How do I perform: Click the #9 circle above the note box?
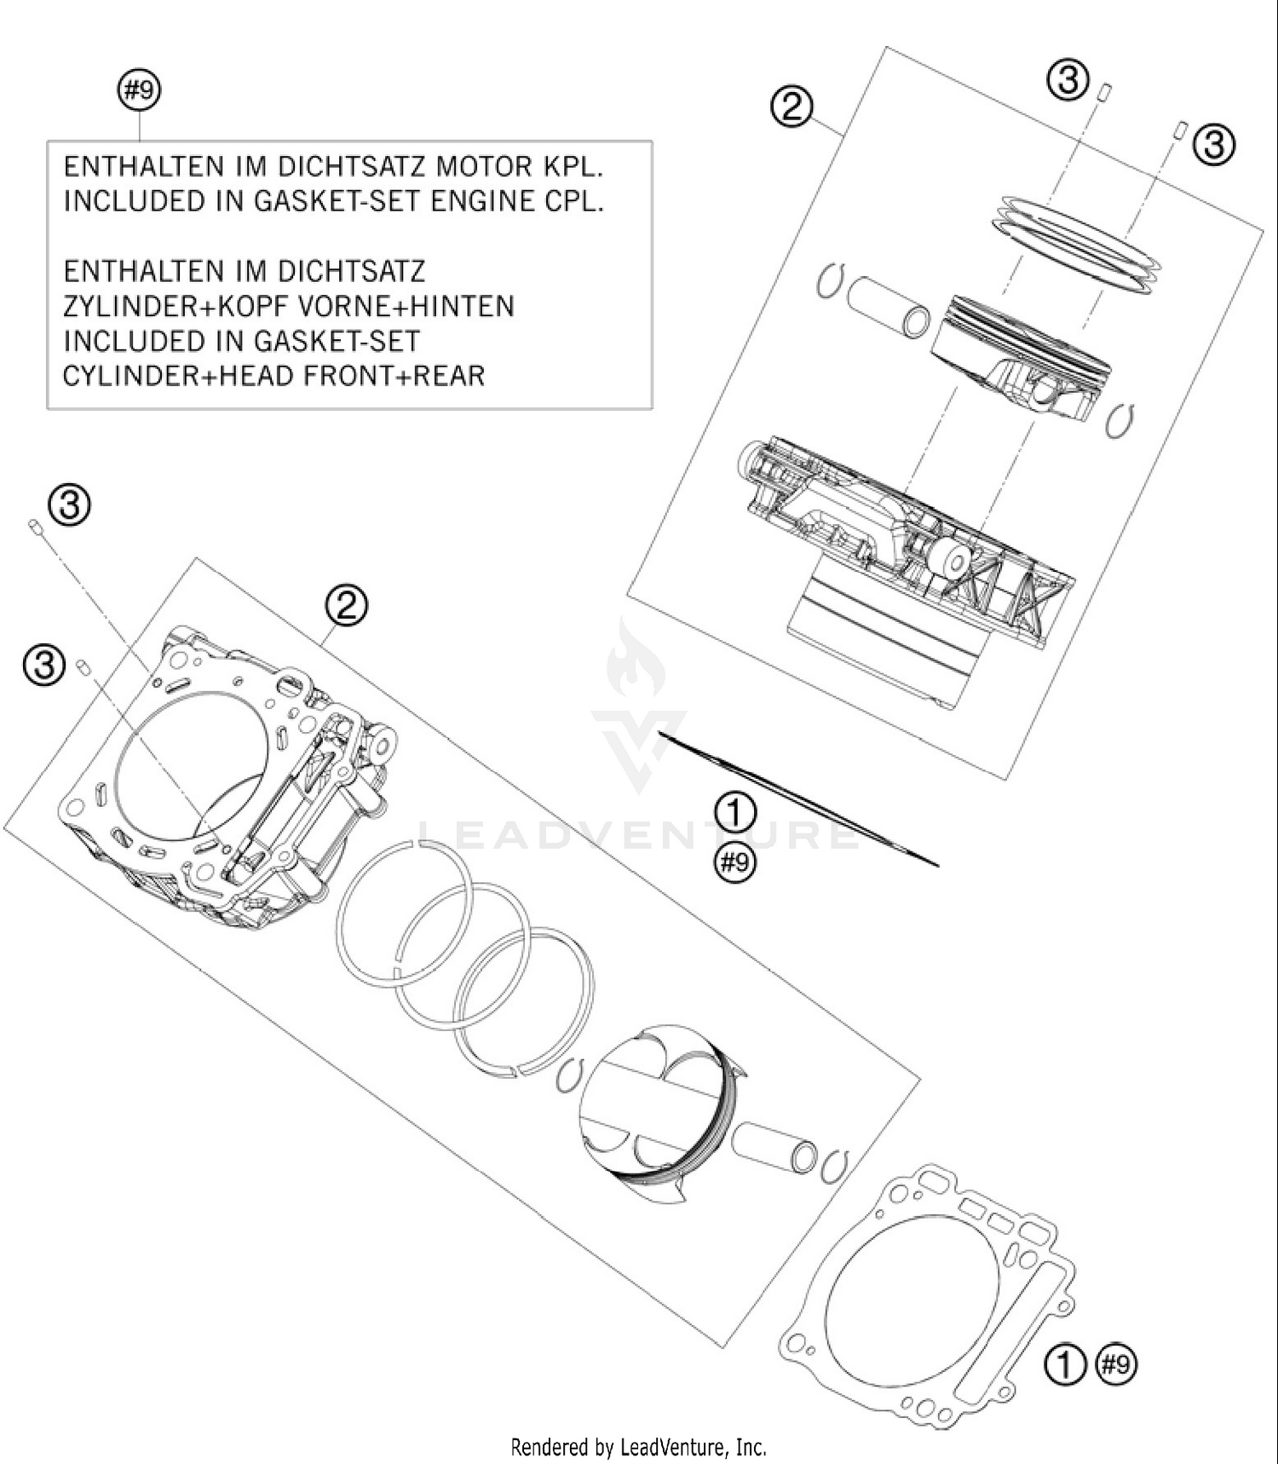(139, 90)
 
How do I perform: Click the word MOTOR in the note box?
(489, 166)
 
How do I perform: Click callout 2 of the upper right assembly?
(792, 108)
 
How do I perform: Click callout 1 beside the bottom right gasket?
(1065, 1365)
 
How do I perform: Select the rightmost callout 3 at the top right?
(1214, 144)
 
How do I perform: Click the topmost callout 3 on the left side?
(70, 505)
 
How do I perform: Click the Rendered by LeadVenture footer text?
(638, 1446)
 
